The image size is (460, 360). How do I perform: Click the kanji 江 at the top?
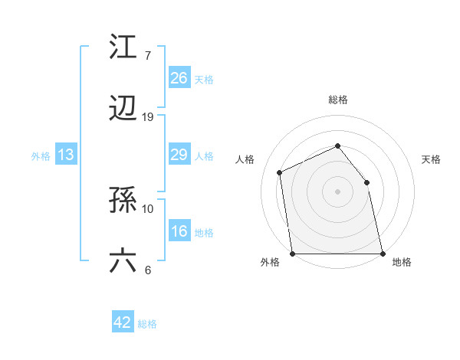pos(123,47)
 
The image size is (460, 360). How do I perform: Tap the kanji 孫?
pos(123,201)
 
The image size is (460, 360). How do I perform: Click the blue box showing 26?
pos(179,78)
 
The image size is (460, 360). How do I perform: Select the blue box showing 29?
pos(179,155)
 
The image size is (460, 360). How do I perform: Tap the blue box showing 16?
pos(179,231)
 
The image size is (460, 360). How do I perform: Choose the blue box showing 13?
pos(65,155)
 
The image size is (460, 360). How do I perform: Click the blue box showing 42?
pos(122,322)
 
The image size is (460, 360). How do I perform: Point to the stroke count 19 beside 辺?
pos(148,117)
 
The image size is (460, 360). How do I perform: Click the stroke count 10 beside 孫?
pos(148,208)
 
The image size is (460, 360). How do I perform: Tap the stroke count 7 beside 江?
pos(147,56)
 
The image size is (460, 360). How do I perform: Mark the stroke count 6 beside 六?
pos(147,270)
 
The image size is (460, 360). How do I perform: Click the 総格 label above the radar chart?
pos(337,100)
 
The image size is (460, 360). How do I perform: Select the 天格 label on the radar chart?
pos(432,159)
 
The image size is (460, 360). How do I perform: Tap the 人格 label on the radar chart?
pos(245,159)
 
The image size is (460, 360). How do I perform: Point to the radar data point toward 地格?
pos(382,254)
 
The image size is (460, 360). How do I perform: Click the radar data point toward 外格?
pos(293,254)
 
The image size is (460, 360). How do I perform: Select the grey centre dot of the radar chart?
pos(337,191)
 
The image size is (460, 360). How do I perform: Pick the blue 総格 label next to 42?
pos(147,324)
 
